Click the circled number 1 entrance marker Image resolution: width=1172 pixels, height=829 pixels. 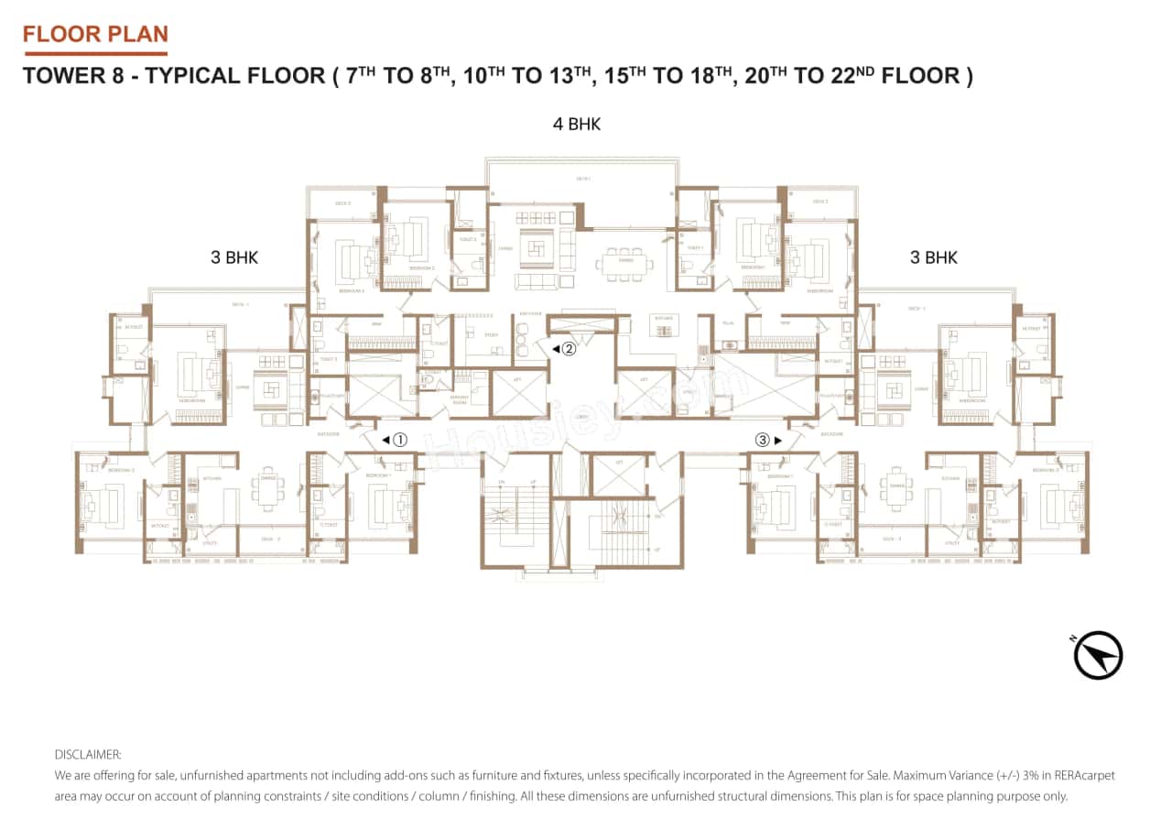click(x=399, y=440)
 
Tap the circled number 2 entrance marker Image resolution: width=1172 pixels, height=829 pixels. click(x=569, y=348)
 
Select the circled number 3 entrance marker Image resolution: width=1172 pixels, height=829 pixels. click(x=762, y=440)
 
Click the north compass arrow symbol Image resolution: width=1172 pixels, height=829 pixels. click(x=1098, y=656)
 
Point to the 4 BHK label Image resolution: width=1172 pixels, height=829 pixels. click(x=577, y=125)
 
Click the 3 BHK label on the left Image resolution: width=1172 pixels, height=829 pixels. click(x=234, y=257)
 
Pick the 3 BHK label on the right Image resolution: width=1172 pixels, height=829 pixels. click(x=934, y=257)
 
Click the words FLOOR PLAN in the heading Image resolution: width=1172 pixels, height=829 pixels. click(x=95, y=35)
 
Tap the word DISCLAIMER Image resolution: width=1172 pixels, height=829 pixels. click(x=88, y=754)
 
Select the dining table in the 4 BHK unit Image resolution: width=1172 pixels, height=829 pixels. click(x=625, y=262)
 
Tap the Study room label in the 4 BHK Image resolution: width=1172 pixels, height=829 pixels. click(x=491, y=335)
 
